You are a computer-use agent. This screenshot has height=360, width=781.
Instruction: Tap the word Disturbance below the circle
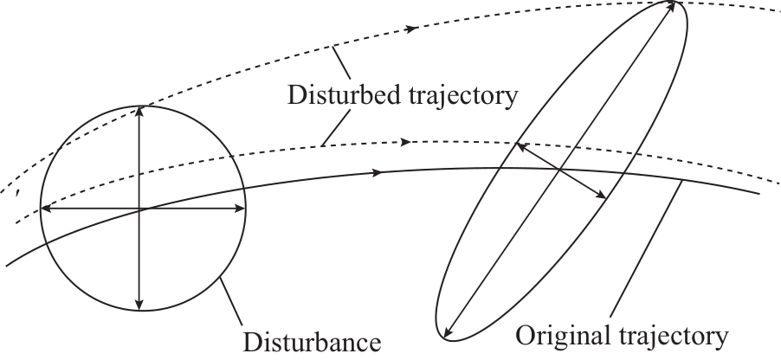[313, 339]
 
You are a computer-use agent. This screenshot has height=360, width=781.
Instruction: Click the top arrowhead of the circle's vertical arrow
[139, 109]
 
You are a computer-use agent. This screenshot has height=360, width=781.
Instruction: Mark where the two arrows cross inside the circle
[139, 208]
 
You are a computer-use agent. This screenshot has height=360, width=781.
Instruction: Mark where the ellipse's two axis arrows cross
[560, 170]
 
